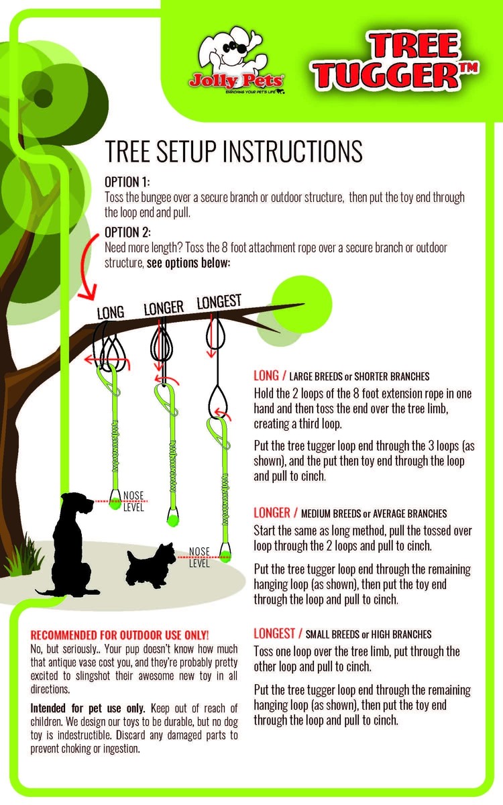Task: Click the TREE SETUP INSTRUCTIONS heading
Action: [x=233, y=152]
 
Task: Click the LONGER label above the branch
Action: [x=164, y=308]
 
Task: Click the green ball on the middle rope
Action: [x=170, y=517]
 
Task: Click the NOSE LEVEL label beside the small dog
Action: [x=199, y=557]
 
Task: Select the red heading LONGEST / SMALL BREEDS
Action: [x=343, y=633]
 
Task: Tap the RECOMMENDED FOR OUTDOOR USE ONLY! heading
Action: [x=120, y=634]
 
